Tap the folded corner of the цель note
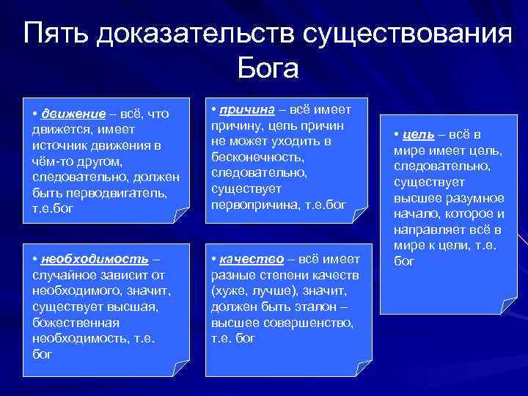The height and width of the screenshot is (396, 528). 505,306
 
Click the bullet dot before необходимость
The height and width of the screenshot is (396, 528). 35,260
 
